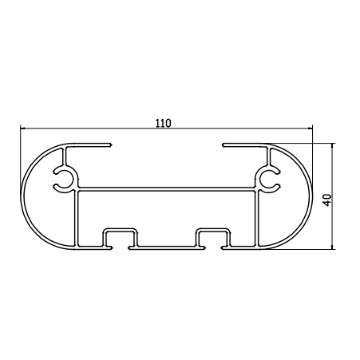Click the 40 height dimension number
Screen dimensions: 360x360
(326, 198)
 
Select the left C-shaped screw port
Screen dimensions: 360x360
(63, 180)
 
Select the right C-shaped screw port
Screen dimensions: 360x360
(268, 180)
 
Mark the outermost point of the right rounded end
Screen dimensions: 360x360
(311, 196)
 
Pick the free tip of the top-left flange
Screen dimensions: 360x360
(111, 145)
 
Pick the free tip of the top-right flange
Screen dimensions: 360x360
(224, 145)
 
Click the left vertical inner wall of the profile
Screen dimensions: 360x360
(77, 216)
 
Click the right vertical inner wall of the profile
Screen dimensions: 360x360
(255, 216)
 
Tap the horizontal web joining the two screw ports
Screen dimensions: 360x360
(166, 190)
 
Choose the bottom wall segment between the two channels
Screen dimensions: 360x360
(165, 246)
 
